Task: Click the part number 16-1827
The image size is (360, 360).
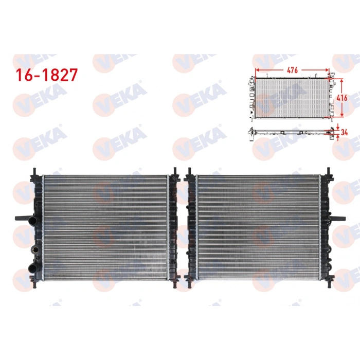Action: [x=46, y=75]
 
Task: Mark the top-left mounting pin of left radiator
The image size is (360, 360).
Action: [x=34, y=171]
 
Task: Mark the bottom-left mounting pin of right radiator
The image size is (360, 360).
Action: [x=188, y=283]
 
